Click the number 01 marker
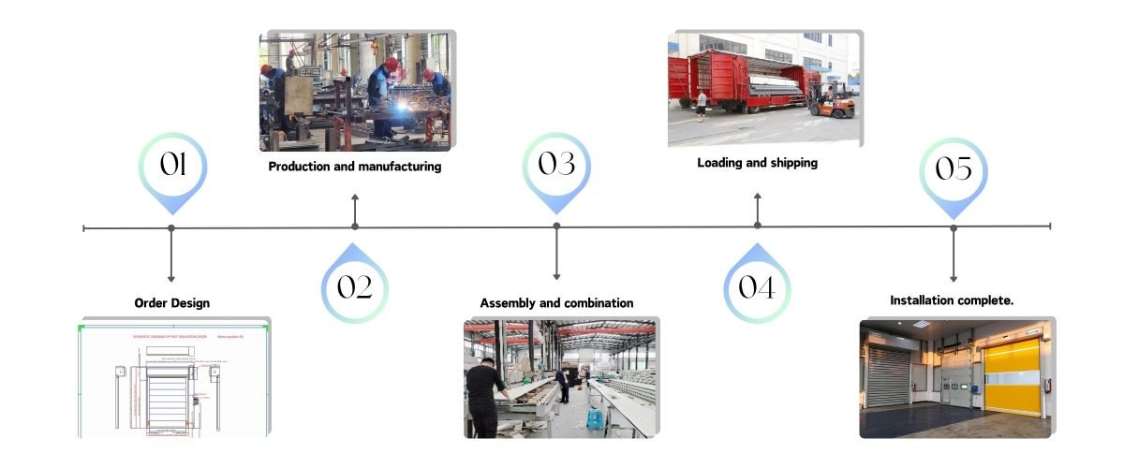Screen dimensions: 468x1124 pos(171,166)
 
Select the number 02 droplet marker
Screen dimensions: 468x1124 pos(354,286)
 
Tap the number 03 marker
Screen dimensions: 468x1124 pos(556,166)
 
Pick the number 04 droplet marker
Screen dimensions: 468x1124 pos(757,286)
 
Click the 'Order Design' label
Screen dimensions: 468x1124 pos(171,302)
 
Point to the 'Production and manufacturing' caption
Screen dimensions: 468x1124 pos(354,167)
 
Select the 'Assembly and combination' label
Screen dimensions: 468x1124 pos(556,303)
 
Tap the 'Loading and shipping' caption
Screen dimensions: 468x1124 pos(757,163)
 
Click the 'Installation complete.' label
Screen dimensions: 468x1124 pos(952,300)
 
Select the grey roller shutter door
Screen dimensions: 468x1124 pos(888,373)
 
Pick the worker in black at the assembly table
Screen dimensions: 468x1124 pos(485,398)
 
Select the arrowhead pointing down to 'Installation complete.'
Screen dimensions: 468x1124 pos(954,277)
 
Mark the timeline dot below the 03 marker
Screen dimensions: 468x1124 pos(556,227)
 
